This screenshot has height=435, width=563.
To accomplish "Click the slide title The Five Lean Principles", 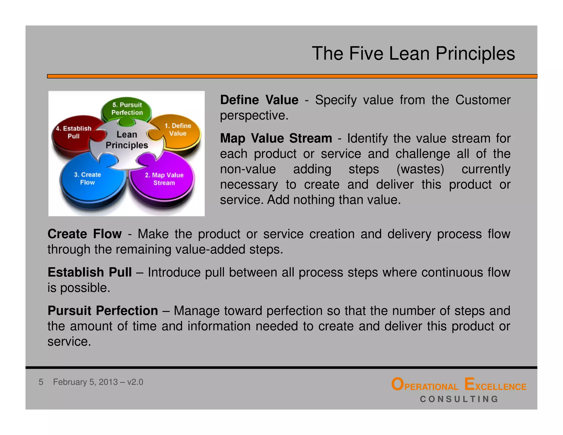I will (x=413, y=53).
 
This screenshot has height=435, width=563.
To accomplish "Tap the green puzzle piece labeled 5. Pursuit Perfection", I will (x=127, y=109).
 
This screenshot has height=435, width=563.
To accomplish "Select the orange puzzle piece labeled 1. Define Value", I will (x=178, y=130).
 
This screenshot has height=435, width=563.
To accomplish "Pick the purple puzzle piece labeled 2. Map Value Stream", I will (x=164, y=179).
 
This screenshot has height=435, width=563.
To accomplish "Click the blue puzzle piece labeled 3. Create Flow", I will (x=87, y=179).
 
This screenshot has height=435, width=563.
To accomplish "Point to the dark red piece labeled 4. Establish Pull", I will (x=73, y=133).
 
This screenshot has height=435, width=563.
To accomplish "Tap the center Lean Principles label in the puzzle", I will (x=127, y=140).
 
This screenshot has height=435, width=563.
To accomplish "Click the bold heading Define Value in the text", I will (x=259, y=100).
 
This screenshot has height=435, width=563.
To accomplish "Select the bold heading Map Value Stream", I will (x=276, y=138).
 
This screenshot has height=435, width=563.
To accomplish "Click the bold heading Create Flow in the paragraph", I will (x=84, y=234).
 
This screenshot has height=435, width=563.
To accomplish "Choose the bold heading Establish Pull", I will (x=90, y=272).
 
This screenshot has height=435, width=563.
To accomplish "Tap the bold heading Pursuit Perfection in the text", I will (x=103, y=311).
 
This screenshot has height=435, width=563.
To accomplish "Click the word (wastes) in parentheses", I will (x=420, y=169).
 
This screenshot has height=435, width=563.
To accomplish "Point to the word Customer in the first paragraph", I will (x=483, y=100).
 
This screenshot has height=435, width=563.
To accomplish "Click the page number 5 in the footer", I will (x=41, y=382).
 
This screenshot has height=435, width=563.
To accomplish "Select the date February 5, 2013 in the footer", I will (x=85, y=382).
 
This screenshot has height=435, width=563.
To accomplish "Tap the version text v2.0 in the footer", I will (x=135, y=382).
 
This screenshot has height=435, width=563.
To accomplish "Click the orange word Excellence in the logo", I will (x=495, y=385).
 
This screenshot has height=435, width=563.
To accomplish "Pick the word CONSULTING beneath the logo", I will (x=459, y=399).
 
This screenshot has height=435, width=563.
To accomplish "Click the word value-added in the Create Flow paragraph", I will (x=210, y=249).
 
